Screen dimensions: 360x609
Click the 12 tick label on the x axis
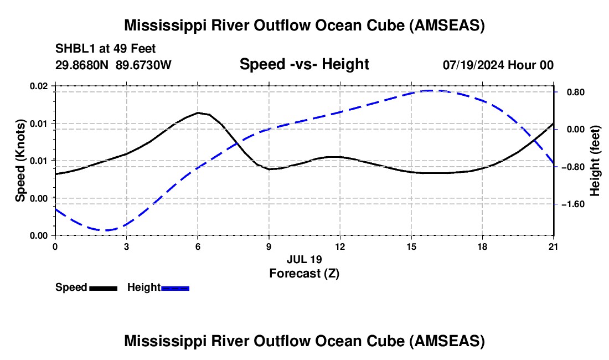pyautogui.click(x=339, y=246)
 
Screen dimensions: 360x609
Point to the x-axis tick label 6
pyautogui.click(x=198, y=246)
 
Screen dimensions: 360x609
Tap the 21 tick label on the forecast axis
pyautogui.click(x=553, y=246)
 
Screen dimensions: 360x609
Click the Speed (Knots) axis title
pyautogui.click(x=20, y=161)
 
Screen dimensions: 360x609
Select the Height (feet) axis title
pyautogui.click(x=595, y=161)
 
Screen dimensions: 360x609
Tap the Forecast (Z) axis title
pyautogui.click(x=304, y=273)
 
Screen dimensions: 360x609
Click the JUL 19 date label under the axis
pyautogui.click(x=304, y=259)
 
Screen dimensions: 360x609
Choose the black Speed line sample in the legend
pyautogui.click(x=103, y=288)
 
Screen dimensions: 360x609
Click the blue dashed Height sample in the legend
pyautogui.click(x=175, y=288)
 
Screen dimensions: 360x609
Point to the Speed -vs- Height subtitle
pyautogui.click(x=304, y=64)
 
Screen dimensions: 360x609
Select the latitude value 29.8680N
pyautogui.click(x=83, y=65)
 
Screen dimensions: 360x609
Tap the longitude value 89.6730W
pyautogui.click(x=144, y=65)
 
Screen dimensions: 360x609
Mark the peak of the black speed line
pyautogui.click(x=198, y=112)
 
